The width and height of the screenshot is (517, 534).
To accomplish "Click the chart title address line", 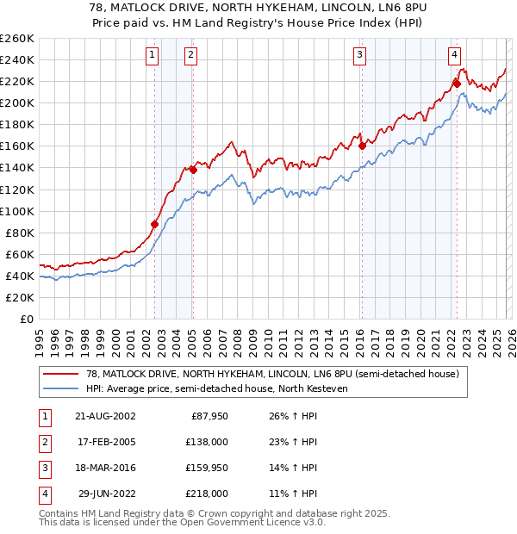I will [258, 8].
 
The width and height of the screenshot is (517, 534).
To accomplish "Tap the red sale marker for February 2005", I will [193, 170].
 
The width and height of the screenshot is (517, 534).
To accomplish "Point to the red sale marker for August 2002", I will [155, 224].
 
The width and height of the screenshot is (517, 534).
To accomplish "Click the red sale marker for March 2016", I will [362, 146].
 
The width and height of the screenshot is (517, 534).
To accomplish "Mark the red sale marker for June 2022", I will [457, 84].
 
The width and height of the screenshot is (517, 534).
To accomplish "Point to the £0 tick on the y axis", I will [27, 319].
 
